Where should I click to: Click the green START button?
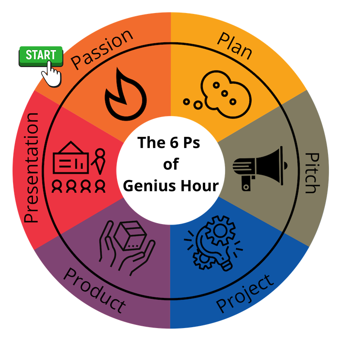click(x=40, y=55)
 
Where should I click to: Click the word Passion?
click(x=103, y=49)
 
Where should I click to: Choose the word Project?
click(x=245, y=293)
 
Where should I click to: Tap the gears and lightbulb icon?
click(x=211, y=245)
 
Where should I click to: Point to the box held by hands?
click(x=129, y=237)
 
